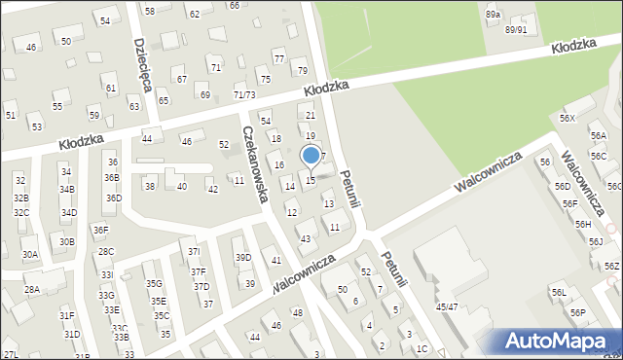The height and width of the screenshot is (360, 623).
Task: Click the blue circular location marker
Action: pyautogui.click(x=311, y=155)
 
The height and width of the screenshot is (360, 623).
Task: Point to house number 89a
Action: pyautogui.click(x=494, y=15)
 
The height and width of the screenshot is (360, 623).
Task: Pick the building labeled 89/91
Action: pyautogui.click(x=516, y=29)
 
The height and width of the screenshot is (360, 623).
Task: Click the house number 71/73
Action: pyautogui.click(x=244, y=94)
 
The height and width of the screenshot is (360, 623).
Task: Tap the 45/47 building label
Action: pyautogui.click(x=448, y=307)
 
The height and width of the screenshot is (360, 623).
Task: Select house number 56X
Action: pyautogui.click(x=568, y=118)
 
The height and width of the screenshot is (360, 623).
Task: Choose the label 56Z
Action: pyautogui.click(x=611, y=267)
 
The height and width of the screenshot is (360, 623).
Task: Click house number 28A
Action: pyautogui.click(x=32, y=290)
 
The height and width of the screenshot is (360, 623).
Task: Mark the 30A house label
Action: pyautogui.click(x=30, y=255)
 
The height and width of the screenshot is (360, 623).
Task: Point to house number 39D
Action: pyautogui.click(x=242, y=258)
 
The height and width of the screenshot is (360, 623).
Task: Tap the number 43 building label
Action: pyautogui.click(x=306, y=239)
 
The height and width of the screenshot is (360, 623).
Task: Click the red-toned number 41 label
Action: pyautogui.click(x=276, y=260)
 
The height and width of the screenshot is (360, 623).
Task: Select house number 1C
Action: pyautogui.click(x=421, y=348)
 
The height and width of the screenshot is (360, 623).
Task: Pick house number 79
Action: pyautogui.click(x=303, y=71)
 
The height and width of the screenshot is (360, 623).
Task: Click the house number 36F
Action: pyautogui.click(x=100, y=231)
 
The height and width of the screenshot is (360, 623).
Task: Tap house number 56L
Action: pyautogui.click(x=559, y=293)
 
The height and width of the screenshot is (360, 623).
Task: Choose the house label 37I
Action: pyautogui.click(x=194, y=251)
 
